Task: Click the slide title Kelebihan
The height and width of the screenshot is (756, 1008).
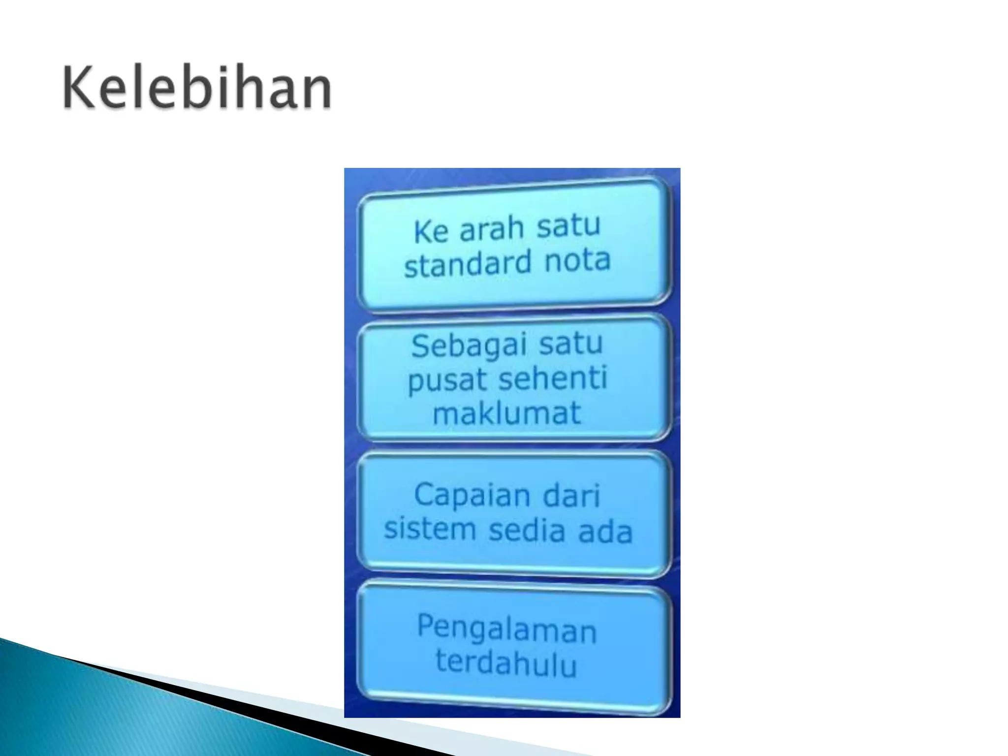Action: (x=197, y=89)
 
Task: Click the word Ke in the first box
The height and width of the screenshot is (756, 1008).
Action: (x=431, y=231)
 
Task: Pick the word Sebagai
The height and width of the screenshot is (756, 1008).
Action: (x=465, y=346)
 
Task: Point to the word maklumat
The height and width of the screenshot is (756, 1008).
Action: (x=506, y=413)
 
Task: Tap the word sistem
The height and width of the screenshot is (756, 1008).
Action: (x=430, y=529)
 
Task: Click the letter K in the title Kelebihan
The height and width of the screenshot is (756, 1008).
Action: (x=78, y=89)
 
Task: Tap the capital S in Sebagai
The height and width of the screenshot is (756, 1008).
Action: (x=421, y=346)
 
